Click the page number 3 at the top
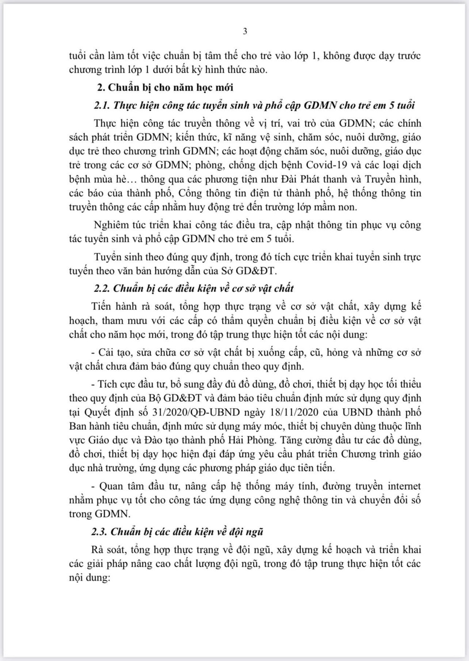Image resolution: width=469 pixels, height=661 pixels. coord(245,31)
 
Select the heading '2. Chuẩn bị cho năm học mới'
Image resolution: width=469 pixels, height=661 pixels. coord(165,87)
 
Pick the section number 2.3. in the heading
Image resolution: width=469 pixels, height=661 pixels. coord(100,532)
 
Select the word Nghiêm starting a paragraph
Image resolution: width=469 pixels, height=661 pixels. coord(112,225)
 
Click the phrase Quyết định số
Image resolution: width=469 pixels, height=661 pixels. coord(118,412)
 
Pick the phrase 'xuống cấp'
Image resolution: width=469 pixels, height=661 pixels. coord(263,353)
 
